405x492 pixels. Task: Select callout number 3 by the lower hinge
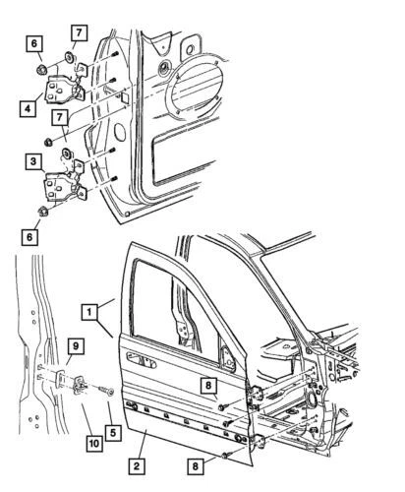pos(34,159)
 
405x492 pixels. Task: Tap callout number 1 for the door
pos(90,313)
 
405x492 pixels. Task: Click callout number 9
pos(75,344)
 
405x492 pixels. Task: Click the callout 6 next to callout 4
pos(34,43)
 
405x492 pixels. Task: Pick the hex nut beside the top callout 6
pos(41,71)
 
